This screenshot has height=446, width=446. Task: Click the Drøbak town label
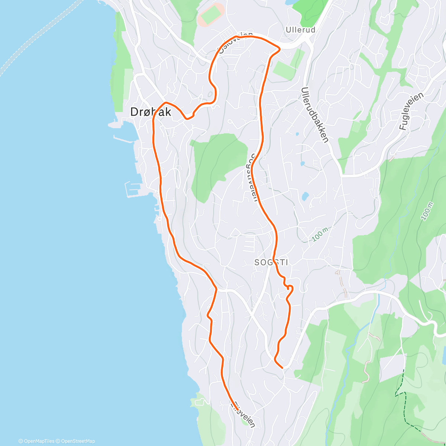[x=151, y=112]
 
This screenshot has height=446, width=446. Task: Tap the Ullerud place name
[x=301, y=30]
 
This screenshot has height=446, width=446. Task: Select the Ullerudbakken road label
[x=315, y=115]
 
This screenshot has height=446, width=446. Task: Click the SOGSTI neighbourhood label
[x=271, y=262]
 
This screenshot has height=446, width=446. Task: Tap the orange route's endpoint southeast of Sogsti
[x=282, y=368]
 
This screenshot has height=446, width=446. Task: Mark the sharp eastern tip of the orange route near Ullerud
[x=279, y=48]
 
